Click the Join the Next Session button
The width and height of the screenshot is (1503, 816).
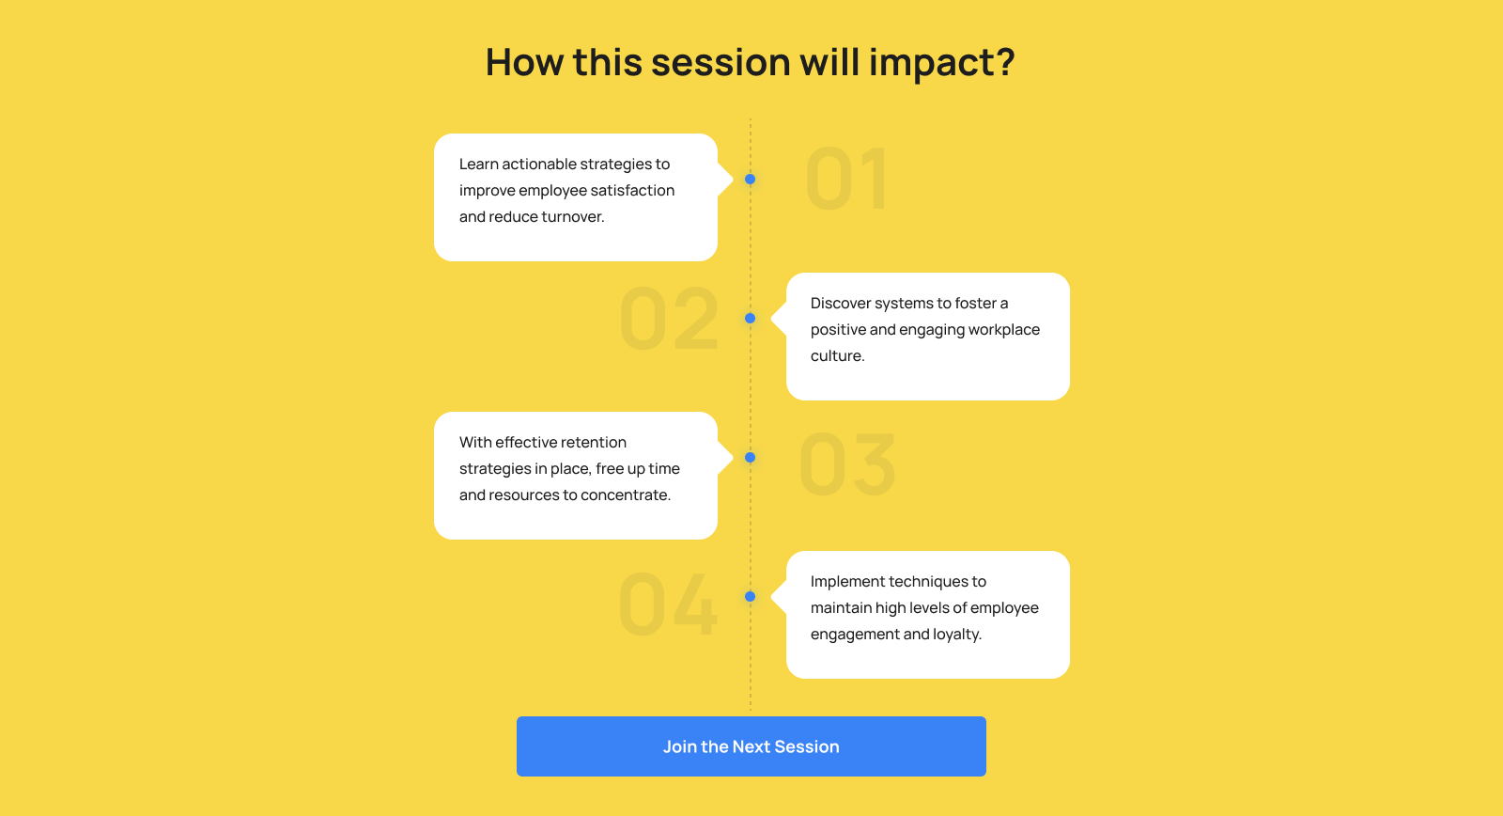pos(751,746)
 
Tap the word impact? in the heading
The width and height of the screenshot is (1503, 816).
pos(941,62)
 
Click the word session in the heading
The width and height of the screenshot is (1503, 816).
pos(721,62)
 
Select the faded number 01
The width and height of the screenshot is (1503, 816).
pos(847,179)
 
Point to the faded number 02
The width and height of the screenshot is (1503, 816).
pos(669,319)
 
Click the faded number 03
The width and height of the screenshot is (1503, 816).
pos(847,464)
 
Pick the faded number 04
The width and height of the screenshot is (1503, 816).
pos(668,604)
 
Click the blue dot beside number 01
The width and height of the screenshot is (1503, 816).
pos(751,180)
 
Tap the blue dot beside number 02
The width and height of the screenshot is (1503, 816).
pos(751,319)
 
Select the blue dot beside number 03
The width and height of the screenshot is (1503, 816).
pos(751,458)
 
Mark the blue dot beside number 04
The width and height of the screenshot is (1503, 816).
pos(751,596)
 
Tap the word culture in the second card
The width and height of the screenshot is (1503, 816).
pos(835,356)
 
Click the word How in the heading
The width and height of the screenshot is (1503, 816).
pos(524,62)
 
